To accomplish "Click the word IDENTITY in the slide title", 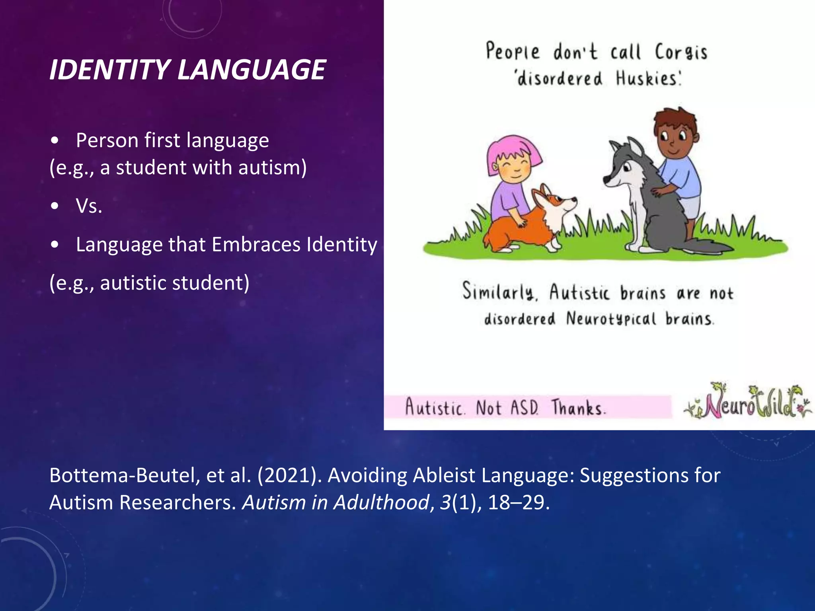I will pos(110,70).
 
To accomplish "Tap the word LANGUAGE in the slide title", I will pos(252,70).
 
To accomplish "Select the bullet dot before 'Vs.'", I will pos(55,206).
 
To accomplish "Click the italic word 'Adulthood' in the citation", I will pos(381,502).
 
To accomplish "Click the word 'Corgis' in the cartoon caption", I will pos(681,53).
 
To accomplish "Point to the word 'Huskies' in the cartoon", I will pos(647,78).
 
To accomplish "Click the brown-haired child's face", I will pos(675,141).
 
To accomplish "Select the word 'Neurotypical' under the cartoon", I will pos(611,319).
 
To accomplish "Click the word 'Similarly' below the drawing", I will pos(499,291).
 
